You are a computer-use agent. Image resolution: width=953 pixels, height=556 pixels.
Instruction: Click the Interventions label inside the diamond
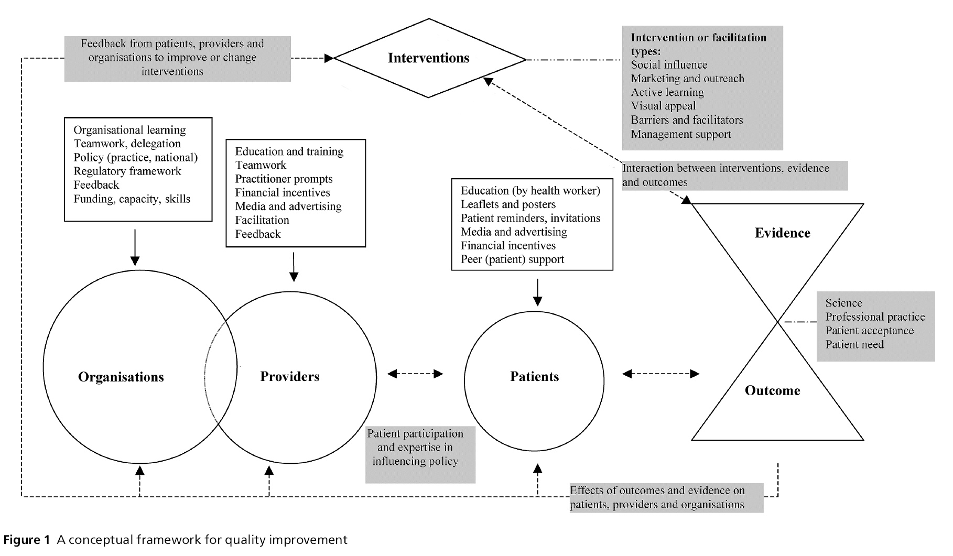click(x=428, y=58)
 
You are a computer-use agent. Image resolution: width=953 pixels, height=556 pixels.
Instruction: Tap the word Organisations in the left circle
click(x=121, y=377)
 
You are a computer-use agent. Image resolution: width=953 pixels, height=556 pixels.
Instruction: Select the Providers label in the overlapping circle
click(x=289, y=376)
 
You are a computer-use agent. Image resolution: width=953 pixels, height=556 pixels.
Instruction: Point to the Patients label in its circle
click(x=534, y=376)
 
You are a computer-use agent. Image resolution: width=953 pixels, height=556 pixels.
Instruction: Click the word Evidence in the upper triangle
click(x=782, y=233)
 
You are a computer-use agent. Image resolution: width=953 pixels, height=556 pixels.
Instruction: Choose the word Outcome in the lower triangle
click(x=772, y=390)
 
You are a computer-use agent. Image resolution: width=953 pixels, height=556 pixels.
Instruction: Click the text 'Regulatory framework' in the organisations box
click(x=127, y=171)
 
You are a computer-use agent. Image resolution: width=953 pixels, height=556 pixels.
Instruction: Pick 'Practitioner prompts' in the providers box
click(x=284, y=179)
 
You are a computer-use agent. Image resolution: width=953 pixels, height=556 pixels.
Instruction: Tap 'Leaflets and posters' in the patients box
click(x=508, y=204)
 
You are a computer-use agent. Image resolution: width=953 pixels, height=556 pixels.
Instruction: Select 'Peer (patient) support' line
click(x=512, y=259)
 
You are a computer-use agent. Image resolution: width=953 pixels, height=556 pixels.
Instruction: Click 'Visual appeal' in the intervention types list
click(x=663, y=106)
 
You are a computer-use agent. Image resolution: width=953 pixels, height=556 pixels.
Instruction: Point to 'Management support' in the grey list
click(x=680, y=134)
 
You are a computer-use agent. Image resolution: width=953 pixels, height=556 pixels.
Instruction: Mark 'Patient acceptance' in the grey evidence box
click(x=869, y=331)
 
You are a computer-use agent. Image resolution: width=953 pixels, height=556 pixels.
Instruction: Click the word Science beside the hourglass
click(x=843, y=303)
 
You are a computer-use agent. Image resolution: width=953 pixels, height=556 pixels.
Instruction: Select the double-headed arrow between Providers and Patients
click(x=415, y=374)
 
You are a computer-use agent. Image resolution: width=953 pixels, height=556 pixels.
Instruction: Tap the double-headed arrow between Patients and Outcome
click(x=660, y=374)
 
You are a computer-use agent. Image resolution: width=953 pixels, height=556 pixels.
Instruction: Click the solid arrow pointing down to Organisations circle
click(x=135, y=247)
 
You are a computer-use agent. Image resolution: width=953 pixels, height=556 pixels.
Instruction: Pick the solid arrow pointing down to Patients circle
click(x=537, y=292)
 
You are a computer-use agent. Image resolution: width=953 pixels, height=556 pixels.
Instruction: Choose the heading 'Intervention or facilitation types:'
click(x=698, y=44)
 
